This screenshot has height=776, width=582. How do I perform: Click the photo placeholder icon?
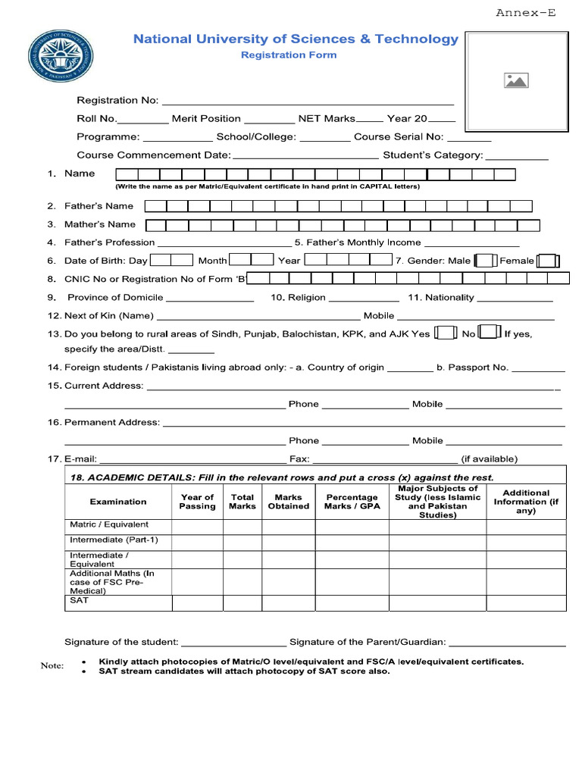[x=515, y=80]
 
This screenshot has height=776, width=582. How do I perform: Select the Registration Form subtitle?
[x=289, y=55]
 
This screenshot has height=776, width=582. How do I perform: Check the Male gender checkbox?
[x=486, y=261]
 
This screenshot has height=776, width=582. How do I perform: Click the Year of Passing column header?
[x=197, y=502]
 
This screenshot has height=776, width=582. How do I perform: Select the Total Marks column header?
[x=242, y=502]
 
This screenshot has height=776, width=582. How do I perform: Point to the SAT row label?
[x=80, y=600]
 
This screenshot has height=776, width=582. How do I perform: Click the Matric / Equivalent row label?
[x=109, y=524]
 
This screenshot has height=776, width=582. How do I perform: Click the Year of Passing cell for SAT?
[x=197, y=603]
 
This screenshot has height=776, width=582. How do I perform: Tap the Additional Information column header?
[x=526, y=502]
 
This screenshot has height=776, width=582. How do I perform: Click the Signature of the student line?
[x=233, y=643]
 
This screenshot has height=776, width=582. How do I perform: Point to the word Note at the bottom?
[x=52, y=665]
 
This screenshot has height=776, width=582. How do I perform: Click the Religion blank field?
[x=364, y=299]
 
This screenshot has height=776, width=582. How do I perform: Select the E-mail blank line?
[x=193, y=459]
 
